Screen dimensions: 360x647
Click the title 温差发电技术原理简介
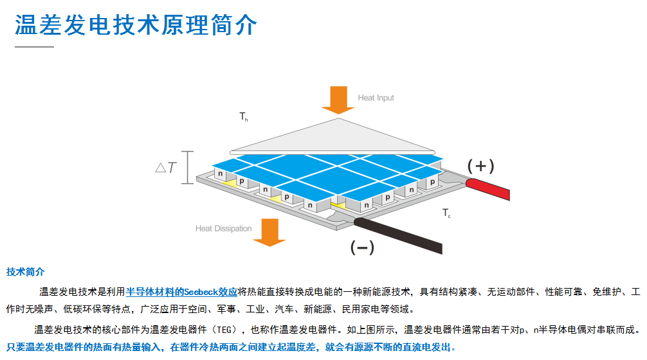(136, 25)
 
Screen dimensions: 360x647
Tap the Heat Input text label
(376, 98)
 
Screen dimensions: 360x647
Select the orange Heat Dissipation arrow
(269, 231)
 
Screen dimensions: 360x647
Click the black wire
(399, 235)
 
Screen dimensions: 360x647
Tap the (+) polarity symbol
(480, 166)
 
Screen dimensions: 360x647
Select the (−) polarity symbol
(361, 248)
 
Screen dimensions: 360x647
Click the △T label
(166, 168)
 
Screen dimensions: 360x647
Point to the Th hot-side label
(244, 117)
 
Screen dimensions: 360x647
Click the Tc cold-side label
(446, 213)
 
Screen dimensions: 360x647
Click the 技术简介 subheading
(25, 272)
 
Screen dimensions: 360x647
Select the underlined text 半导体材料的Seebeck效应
(181, 292)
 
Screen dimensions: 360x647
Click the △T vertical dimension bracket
(187, 168)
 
